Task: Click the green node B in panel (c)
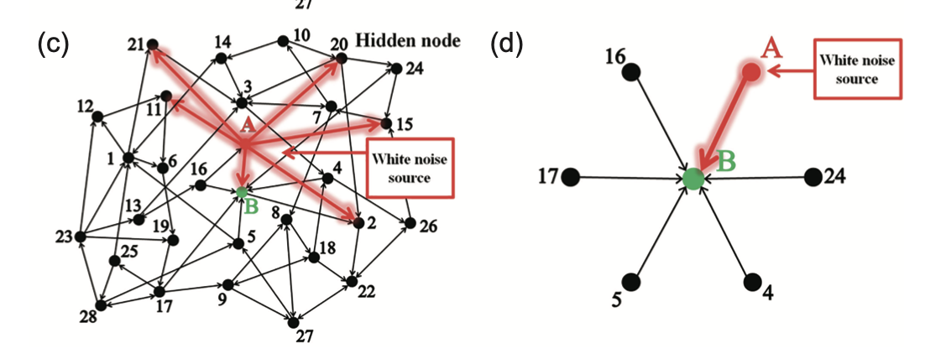point(242,193)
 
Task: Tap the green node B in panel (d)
point(692,178)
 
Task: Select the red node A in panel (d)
point(751,73)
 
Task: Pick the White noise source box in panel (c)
point(410,168)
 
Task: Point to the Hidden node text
point(409,39)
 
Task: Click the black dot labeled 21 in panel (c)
point(152,44)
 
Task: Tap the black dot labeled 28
point(100,305)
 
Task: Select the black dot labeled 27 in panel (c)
point(293,322)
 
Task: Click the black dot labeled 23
point(81,237)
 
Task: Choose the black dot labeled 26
point(410,224)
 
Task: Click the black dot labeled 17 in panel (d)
point(571,177)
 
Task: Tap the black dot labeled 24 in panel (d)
point(812,177)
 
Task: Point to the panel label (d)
point(507,44)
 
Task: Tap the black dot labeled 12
point(97,117)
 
